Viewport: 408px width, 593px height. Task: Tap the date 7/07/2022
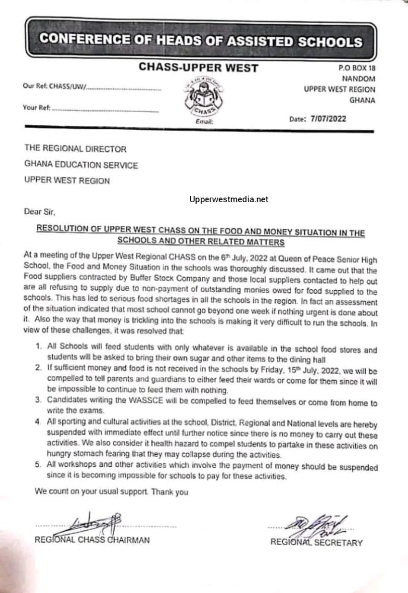pos(327,118)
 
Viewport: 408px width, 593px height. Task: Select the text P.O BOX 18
pos(355,68)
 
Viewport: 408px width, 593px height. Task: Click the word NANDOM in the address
pos(359,79)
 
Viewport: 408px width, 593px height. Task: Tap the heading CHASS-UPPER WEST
pos(198,68)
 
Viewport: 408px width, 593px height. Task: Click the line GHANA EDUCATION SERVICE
pos(81,165)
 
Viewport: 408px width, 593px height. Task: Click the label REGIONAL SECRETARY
pos(316,542)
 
